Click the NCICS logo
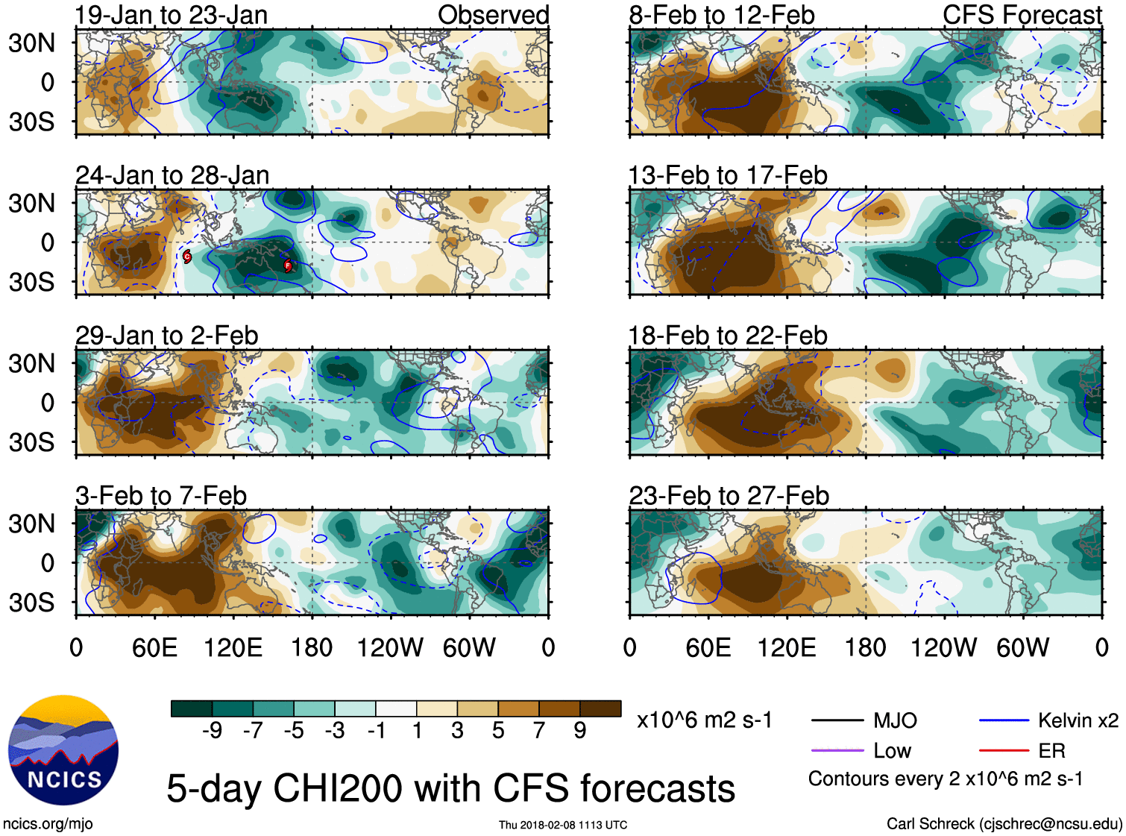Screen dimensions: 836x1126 click(63, 749)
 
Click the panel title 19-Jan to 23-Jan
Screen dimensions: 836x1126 click(172, 15)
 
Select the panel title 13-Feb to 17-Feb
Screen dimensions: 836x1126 click(728, 175)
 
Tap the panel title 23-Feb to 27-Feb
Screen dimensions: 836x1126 click(729, 496)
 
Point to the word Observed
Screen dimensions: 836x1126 click(493, 15)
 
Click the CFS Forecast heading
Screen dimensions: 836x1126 click(1022, 15)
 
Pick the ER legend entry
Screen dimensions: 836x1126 click(1051, 750)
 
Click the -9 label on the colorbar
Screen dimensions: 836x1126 click(212, 730)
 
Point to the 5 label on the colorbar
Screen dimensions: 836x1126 click(498, 730)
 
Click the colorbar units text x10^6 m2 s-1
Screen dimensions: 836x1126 click(704, 720)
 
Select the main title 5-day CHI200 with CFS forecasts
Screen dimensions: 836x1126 click(450, 788)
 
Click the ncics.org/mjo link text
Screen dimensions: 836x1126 click(48, 823)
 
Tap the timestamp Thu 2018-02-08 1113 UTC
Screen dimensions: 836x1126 click(563, 825)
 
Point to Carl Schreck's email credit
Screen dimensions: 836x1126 click(1004, 823)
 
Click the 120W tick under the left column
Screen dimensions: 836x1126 click(390, 647)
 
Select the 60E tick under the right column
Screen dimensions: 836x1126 click(708, 647)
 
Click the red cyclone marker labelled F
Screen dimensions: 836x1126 click(288, 265)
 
